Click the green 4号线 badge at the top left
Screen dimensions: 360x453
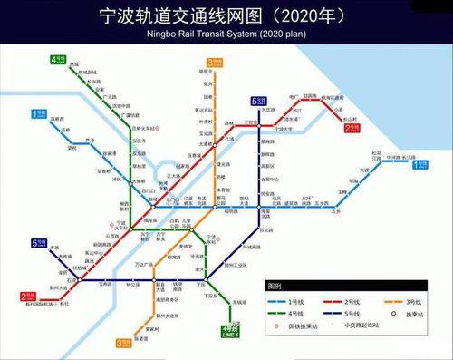click(58, 63)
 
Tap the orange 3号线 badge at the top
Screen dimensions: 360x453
click(214, 63)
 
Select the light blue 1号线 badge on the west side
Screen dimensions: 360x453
click(40, 114)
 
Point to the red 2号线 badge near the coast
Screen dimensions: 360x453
click(353, 130)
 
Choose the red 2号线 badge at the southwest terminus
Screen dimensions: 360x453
click(30, 296)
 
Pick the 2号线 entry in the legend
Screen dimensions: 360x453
click(350, 301)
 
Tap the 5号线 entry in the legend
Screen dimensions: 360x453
click(350, 313)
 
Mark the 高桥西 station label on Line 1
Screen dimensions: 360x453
click(60, 119)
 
